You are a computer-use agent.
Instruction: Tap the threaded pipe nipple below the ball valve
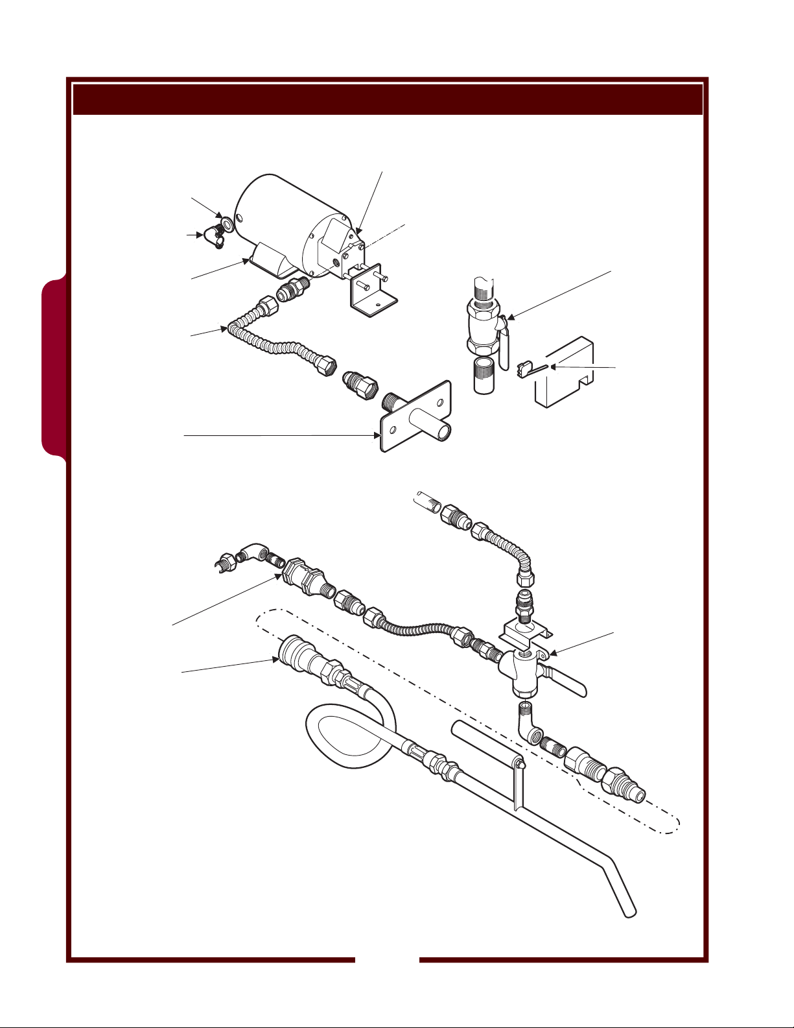coord(482,376)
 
